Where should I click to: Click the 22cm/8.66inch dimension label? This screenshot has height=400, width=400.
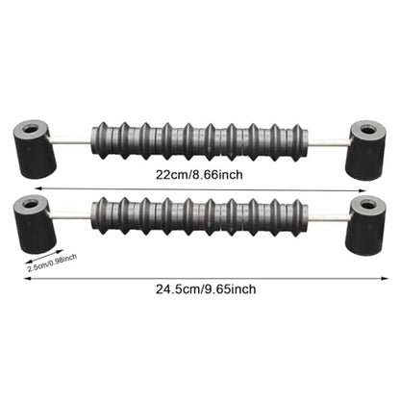199,175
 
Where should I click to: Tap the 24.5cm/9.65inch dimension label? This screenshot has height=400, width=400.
206,289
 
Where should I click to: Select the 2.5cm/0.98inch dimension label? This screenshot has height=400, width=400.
52,262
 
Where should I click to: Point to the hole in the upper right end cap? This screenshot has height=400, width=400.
367,130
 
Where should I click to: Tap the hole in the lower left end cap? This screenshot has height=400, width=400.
31,204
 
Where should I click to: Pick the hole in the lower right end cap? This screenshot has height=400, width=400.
367,204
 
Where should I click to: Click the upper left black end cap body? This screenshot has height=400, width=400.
35,149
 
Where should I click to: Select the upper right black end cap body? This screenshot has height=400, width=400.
365,150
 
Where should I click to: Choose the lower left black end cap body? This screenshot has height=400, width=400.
35,224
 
